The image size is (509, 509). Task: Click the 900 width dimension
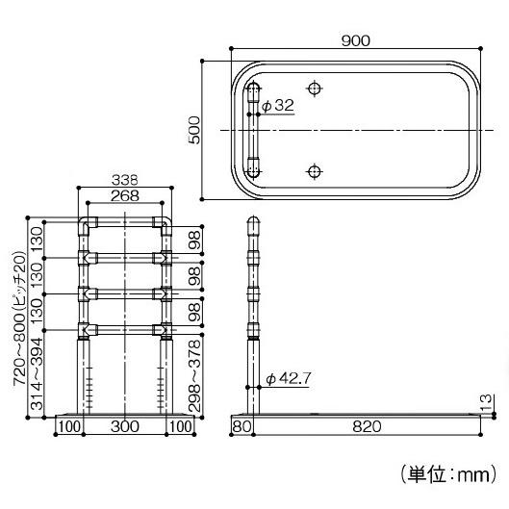[x=355, y=40]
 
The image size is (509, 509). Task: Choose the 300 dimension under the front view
[x=125, y=425]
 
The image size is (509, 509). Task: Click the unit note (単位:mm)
[x=447, y=473]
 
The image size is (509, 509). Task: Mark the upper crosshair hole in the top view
[x=314, y=89]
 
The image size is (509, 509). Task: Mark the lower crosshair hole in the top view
[x=314, y=171]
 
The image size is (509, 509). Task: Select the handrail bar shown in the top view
[x=253, y=130]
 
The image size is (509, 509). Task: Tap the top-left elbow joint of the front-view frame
[x=85, y=227]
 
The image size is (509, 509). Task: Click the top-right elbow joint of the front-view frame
[x=165, y=227]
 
